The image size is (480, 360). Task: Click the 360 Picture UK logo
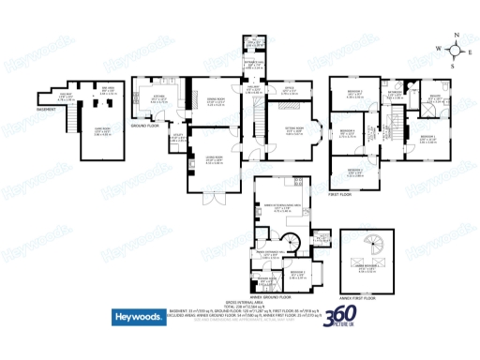[338, 319]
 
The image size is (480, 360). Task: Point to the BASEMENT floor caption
[48, 111]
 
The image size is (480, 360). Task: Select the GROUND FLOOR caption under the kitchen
[142, 124]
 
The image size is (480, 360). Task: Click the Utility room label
[175, 139]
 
